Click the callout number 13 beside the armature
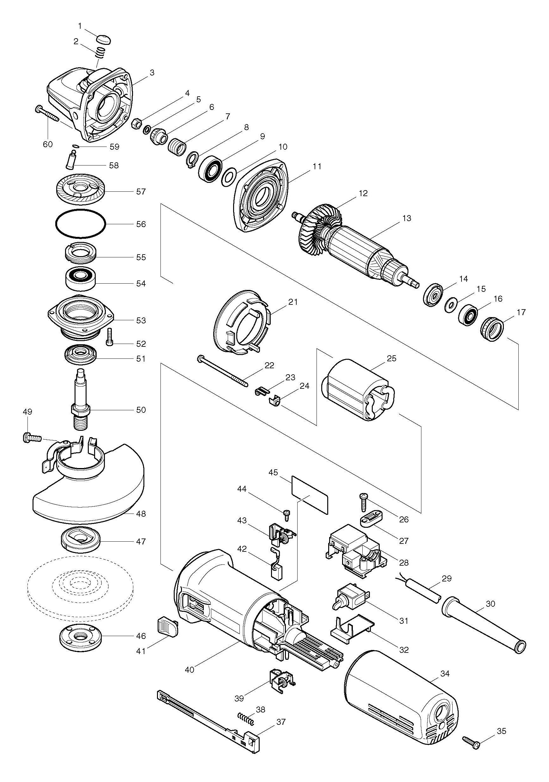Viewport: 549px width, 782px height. (406, 218)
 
